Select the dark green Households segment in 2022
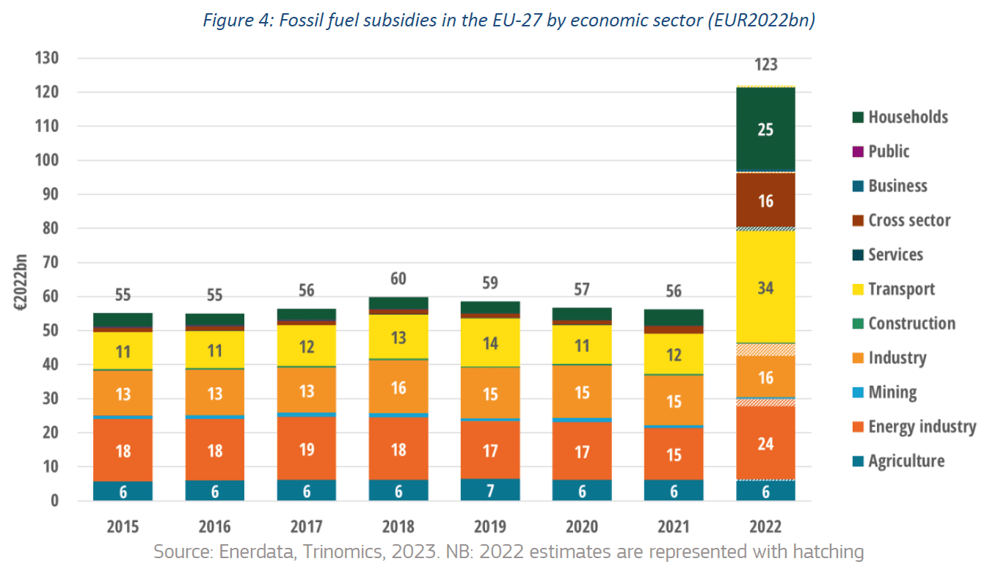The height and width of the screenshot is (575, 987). coord(765,129)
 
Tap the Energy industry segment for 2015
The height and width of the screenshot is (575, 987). coord(123,450)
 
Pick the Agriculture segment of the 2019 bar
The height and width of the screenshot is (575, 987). coord(490,489)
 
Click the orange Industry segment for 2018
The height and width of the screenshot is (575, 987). coord(398,387)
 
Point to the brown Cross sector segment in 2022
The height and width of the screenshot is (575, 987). coord(765,200)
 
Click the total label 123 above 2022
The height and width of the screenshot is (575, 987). coord(765,65)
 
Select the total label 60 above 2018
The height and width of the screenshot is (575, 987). coord(398,279)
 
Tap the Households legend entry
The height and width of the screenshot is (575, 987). coord(908,117)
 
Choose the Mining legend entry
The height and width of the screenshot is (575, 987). coord(892,392)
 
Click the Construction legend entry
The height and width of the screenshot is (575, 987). coord(911,323)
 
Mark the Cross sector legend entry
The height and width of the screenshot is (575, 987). coord(909,220)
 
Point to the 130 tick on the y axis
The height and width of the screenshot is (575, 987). coord(46,58)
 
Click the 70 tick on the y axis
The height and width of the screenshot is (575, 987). coord(50,263)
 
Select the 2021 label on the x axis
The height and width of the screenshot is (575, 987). coord(674,527)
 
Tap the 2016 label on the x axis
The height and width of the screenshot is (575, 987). coord(214,527)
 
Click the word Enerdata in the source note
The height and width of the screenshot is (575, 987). coord(251,552)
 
